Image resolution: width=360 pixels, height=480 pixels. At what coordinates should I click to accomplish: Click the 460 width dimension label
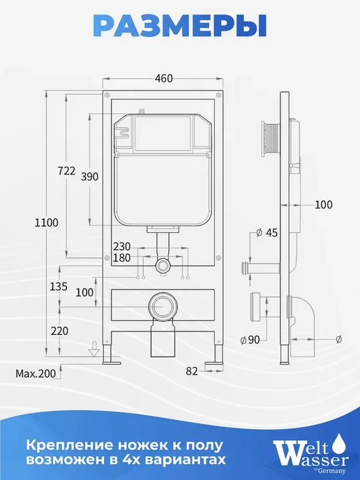coord(163,78)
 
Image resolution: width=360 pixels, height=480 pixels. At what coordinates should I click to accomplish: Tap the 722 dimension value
coord(66,170)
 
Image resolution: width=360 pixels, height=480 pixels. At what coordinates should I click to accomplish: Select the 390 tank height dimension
coord(90,177)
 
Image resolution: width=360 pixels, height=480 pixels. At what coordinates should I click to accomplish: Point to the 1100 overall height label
coord(46,223)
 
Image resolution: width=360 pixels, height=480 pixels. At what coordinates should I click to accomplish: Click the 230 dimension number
coord(122,246)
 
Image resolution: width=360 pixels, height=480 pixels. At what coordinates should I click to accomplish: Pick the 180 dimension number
coord(122,257)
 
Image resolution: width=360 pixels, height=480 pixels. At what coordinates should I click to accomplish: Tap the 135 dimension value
coord(59,287)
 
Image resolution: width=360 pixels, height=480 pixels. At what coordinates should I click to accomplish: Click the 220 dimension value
coord(59,331)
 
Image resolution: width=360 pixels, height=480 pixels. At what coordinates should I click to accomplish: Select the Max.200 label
coord(36,373)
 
